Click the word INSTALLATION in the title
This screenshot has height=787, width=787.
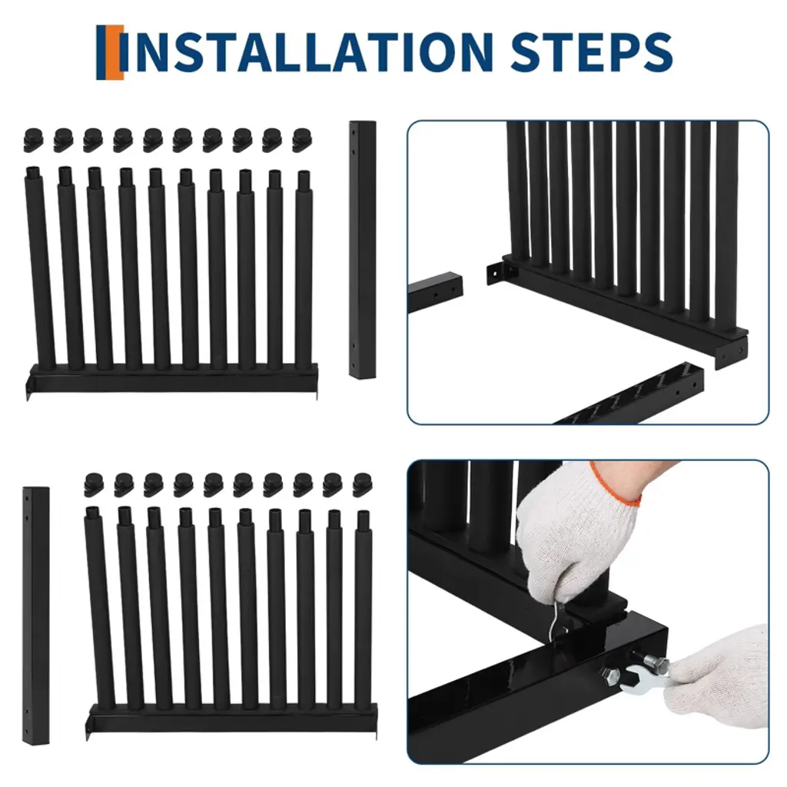307,51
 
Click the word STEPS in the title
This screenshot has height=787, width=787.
592,51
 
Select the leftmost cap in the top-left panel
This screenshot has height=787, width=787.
33,140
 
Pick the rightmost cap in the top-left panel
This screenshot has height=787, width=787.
301,140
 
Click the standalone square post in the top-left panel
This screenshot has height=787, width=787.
363,250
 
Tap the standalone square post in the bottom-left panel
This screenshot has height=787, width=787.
35,616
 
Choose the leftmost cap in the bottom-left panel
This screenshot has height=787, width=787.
94,484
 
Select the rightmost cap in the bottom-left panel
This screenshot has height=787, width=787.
363,484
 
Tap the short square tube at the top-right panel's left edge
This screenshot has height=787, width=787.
435,292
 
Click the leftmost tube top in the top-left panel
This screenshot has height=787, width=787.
32,171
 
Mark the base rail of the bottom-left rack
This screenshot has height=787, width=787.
232,719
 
